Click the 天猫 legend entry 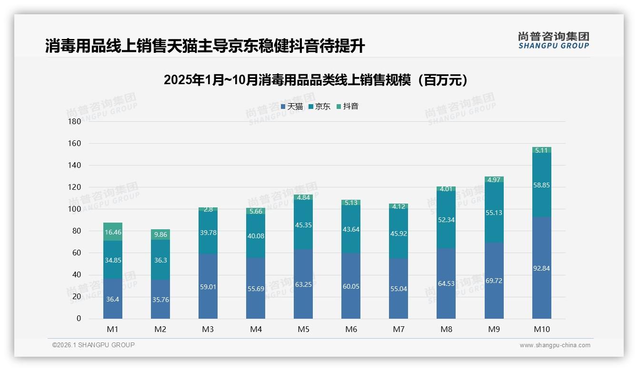click(291, 107)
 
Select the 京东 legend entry click(319, 107)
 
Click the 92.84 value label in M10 click(541, 268)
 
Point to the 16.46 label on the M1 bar click(113, 233)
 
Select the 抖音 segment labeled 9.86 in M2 click(160, 234)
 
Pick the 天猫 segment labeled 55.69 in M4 click(256, 288)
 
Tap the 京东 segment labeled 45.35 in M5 click(303, 225)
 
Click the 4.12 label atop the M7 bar click(399, 206)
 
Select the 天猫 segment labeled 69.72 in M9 click(494, 281)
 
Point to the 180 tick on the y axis click(75, 121)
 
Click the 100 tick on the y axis click(75, 209)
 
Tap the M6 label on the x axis click(351, 329)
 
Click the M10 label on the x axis click(541, 329)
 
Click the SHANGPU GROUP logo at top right click(553, 40)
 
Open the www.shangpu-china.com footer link click(555, 345)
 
